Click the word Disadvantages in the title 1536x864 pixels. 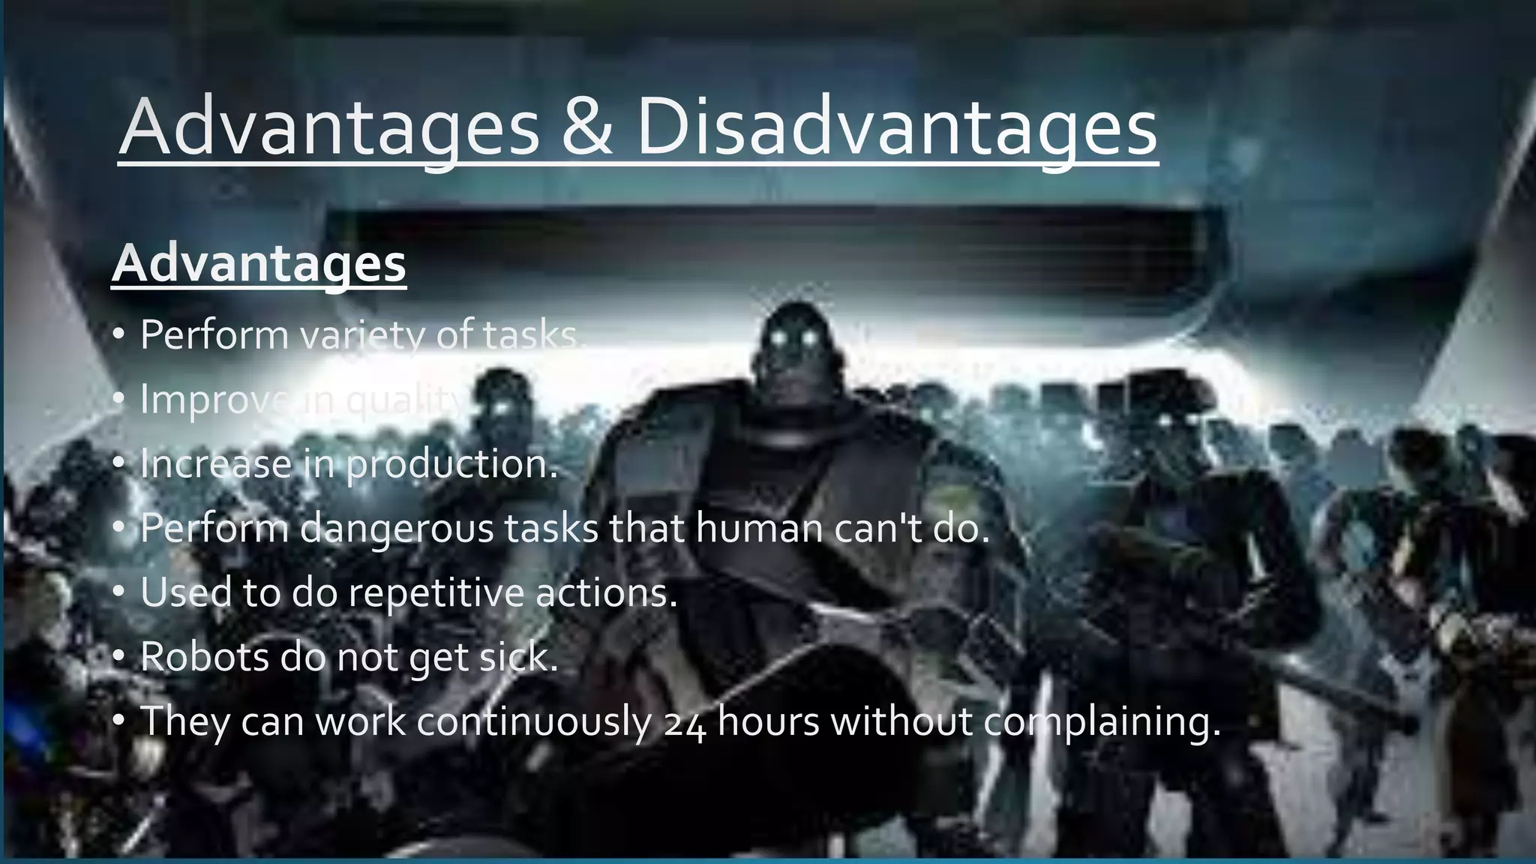click(x=897, y=127)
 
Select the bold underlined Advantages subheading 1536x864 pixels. click(x=259, y=263)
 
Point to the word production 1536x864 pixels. click(x=451, y=464)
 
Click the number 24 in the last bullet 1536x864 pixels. click(x=685, y=723)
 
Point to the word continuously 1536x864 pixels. click(x=534, y=722)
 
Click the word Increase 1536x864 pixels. click(x=216, y=464)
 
